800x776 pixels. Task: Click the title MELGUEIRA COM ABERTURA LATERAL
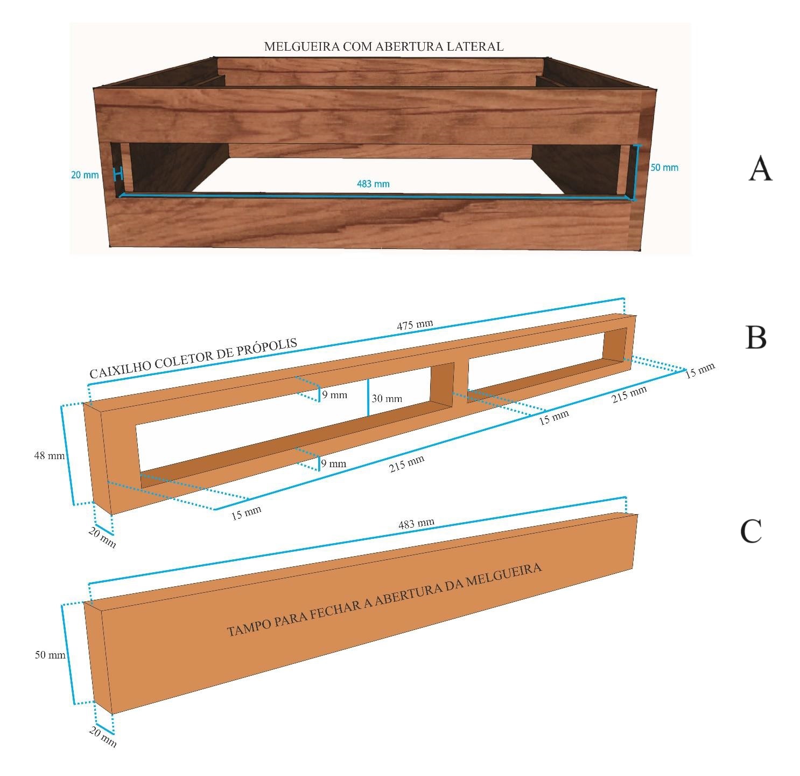pos(383,47)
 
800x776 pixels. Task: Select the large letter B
pos(756,337)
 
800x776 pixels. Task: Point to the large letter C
pos(751,531)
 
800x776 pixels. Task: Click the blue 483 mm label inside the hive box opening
pos(373,184)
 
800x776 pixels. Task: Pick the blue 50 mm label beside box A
pos(664,168)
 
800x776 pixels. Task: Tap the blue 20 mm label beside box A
pos(85,175)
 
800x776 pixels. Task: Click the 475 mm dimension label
pos(415,325)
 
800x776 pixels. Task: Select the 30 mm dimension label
pos(387,399)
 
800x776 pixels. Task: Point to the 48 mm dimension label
pos(49,455)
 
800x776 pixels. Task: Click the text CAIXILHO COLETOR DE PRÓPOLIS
pos(193,358)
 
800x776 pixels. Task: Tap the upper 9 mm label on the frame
pos(334,395)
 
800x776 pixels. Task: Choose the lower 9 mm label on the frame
pos(333,463)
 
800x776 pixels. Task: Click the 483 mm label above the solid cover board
pos(416,523)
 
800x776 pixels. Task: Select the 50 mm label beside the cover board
pos(50,655)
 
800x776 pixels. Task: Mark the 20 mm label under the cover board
pos(102,737)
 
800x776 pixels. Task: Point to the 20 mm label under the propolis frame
pos(102,537)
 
